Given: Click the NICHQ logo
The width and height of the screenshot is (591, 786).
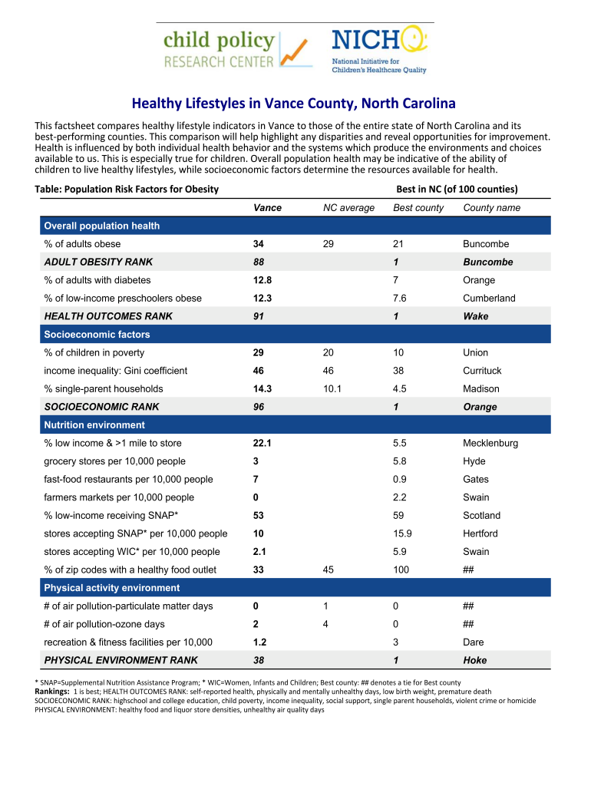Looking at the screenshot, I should coord(378,50).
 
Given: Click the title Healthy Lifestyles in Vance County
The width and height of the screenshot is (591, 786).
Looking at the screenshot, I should coord(294,103).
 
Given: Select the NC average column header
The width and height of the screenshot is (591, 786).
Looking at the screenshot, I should coord(348,208).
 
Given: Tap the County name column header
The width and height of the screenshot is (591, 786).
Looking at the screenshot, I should coord(491,208).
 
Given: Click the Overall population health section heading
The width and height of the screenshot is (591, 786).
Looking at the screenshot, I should coord(102,226).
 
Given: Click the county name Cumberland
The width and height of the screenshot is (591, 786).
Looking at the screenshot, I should coord(489,298).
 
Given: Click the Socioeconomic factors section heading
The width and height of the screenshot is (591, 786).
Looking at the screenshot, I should coord(97,335).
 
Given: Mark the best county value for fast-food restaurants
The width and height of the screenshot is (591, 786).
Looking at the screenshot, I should coord(400,480).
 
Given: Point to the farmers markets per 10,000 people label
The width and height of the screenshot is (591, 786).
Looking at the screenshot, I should coord(119,497).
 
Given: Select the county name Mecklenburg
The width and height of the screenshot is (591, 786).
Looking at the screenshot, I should coord(490,443).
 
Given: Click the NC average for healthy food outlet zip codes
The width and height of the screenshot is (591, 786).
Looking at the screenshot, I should coord(329,570).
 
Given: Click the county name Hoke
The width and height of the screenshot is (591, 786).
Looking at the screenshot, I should coord(474,660).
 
